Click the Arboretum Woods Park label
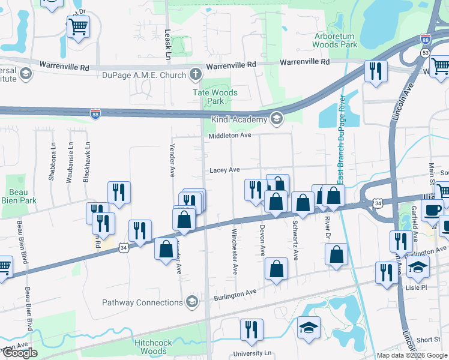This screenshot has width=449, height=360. pos(335,40)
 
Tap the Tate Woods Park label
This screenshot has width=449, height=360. pos(214,97)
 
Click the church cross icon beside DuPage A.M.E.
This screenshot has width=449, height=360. pos(194,74)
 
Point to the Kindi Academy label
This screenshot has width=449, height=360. pos(238,119)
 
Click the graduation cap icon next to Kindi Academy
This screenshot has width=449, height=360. pos(276,119)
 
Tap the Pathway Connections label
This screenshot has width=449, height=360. pos(142,302)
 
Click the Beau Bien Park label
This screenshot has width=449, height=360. pos(18,196)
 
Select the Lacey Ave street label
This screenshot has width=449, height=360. pos(224,170)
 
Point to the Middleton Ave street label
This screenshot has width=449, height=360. pos(229,136)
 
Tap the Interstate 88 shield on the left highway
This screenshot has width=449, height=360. pos(95,113)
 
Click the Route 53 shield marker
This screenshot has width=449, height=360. pos(424,53)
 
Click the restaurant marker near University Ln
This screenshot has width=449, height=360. pos(252,329)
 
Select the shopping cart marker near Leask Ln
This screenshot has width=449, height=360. pos(78,26)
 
